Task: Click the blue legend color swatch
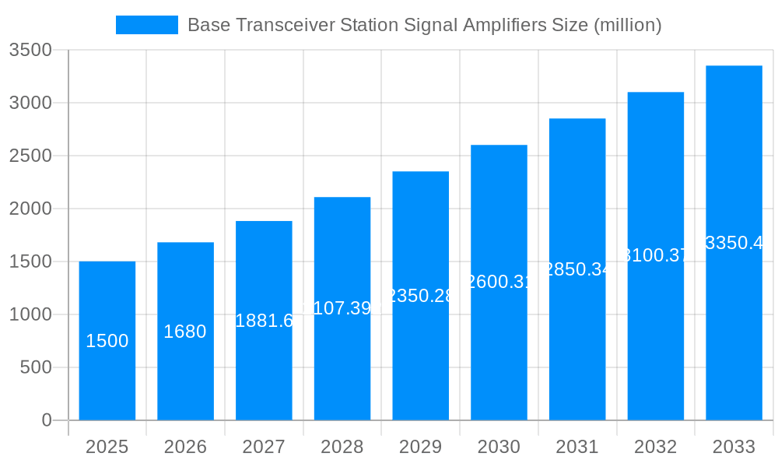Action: [x=147, y=25]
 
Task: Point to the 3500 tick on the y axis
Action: [x=30, y=51]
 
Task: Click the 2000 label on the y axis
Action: [x=30, y=209]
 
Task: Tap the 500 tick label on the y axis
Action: [x=36, y=367]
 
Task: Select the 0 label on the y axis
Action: [x=46, y=420]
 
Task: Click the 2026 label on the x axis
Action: [x=186, y=447]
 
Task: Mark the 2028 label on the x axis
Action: [x=342, y=447]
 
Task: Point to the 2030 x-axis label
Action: [x=499, y=447]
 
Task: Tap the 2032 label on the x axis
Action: [x=656, y=447]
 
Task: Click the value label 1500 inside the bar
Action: [x=107, y=341]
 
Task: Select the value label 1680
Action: [x=185, y=332]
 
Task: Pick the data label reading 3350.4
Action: [x=734, y=243]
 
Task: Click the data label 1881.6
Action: [x=264, y=321]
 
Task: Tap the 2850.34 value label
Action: [x=577, y=269]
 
